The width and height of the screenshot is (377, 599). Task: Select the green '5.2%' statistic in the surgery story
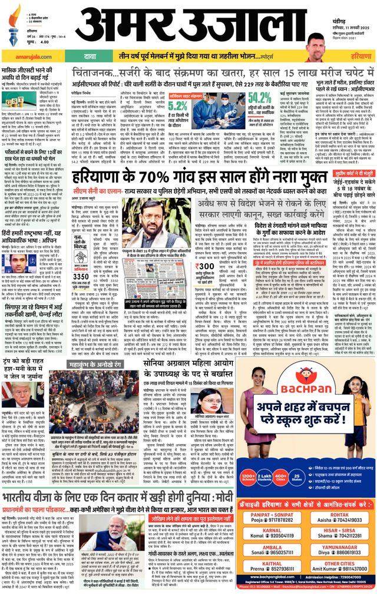click(178, 107)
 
